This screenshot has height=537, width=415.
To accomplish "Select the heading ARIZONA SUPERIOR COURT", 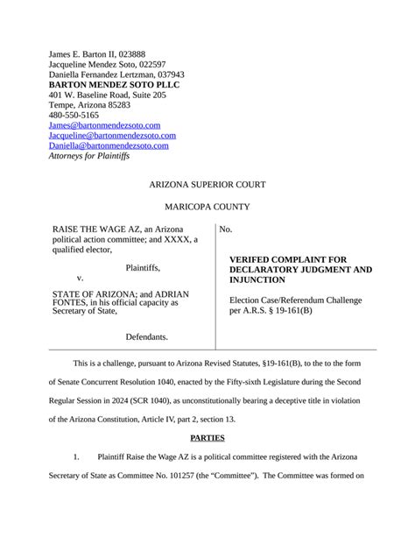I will click(207, 185).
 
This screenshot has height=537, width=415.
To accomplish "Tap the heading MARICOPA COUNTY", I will click(207, 207).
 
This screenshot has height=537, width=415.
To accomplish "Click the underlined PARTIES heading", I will click(207, 438).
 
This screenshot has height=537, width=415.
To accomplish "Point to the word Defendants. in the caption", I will click(146, 336).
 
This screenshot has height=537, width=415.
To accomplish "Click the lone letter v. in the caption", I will click(81, 278).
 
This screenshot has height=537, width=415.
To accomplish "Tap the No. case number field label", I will click(226, 230).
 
